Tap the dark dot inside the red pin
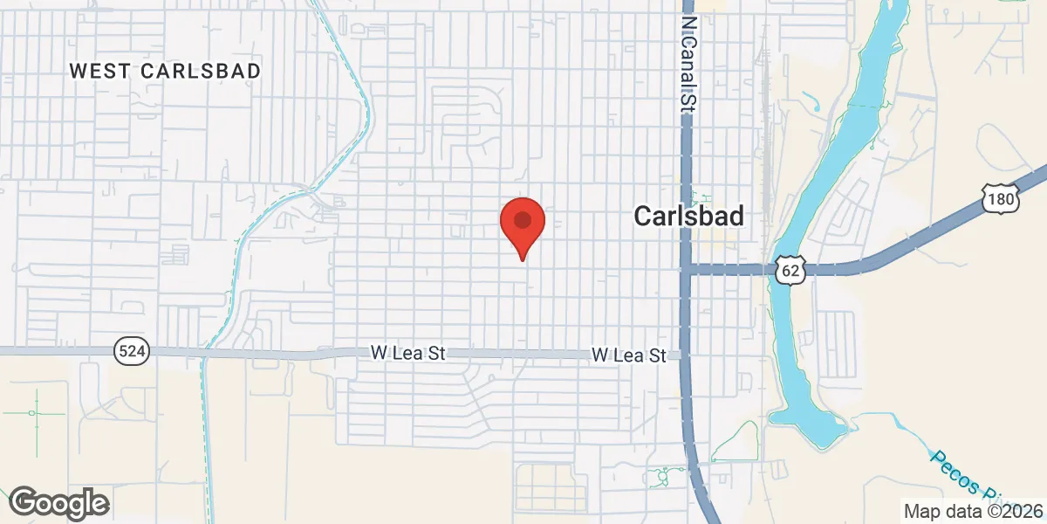tap(523, 218)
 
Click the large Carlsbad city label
tap(689, 217)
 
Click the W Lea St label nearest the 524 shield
tap(407, 353)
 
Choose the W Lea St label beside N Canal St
tap(628, 355)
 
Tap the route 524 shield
tap(132, 352)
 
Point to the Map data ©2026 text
tap(972, 511)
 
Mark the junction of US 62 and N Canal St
tap(688, 270)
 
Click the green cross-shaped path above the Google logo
tap(35, 413)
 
